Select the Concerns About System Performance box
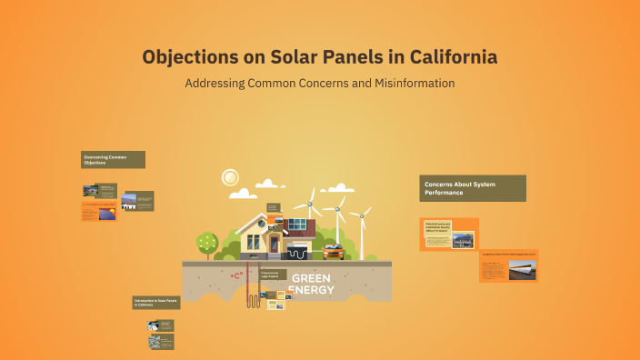(x=472, y=188)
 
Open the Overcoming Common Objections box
(x=113, y=160)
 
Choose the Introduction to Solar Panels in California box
(x=156, y=302)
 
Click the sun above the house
(x=231, y=176)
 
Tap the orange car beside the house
(x=332, y=251)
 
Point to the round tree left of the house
(x=207, y=242)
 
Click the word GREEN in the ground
(x=312, y=278)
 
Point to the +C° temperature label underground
(x=236, y=275)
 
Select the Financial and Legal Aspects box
(x=272, y=274)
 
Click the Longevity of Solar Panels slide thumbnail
(x=508, y=265)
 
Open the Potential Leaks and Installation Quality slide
(x=448, y=234)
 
